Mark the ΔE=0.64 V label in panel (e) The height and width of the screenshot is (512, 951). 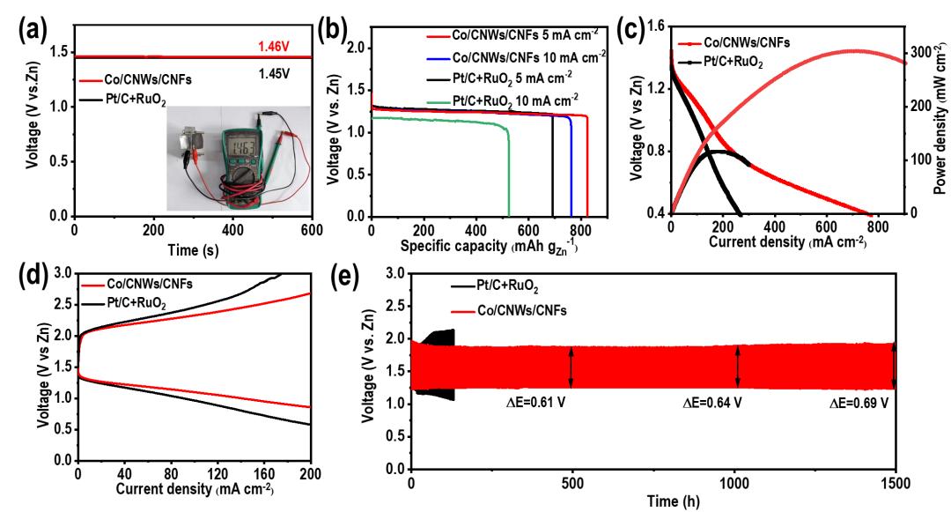pyautogui.click(x=713, y=403)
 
